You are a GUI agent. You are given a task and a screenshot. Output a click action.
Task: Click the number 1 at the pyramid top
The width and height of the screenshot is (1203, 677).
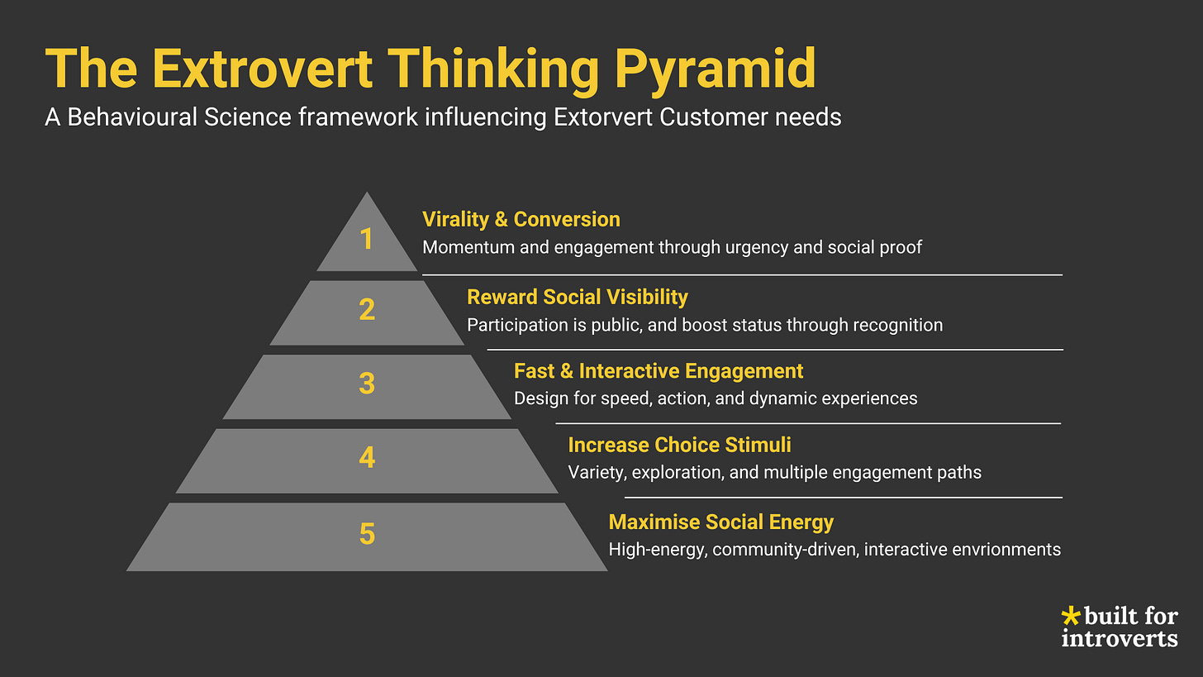367,240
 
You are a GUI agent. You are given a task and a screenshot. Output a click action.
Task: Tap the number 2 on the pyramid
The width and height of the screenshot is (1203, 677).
367,310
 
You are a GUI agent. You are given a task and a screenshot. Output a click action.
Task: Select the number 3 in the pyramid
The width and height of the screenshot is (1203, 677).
367,384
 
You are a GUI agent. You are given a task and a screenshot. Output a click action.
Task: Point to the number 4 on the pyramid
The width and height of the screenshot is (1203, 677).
367,457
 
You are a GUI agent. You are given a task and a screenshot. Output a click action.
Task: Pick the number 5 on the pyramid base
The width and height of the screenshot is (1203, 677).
367,534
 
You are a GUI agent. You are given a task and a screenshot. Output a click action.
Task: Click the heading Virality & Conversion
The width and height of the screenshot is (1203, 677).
521,219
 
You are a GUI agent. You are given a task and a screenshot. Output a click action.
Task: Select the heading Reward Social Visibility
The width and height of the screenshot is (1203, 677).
577,297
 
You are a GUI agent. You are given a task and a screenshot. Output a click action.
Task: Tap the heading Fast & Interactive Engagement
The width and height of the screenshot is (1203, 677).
658,371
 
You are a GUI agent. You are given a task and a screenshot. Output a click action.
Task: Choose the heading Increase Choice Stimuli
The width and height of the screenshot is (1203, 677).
679,445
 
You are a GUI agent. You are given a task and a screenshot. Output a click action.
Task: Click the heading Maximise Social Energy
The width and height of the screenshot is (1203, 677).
720,522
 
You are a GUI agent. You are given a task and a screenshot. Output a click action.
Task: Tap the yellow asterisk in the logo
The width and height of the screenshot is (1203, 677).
1070,616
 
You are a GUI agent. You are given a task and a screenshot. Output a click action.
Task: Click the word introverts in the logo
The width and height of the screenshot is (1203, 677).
1120,638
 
